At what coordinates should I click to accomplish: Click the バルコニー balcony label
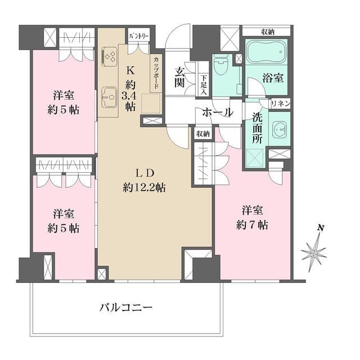tap(126, 308)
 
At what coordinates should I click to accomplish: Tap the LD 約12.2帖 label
tap(144, 181)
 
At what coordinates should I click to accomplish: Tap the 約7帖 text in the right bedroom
tap(253, 225)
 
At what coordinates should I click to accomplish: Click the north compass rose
tap(314, 253)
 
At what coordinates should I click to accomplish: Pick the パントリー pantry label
tap(138, 36)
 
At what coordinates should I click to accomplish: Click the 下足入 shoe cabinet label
tap(204, 85)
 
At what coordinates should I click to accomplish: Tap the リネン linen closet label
tap(280, 103)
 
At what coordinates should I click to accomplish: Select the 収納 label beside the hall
tap(202, 134)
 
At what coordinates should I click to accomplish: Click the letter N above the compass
tap(320, 228)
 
